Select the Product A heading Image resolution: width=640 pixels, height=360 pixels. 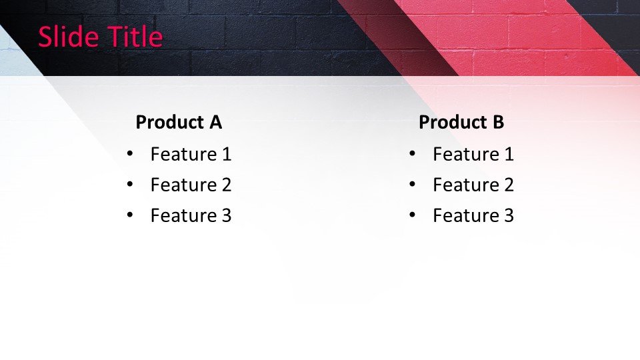pyautogui.click(x=179, y=122)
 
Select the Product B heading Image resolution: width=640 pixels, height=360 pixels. pyautogui.click(x=461, y=122)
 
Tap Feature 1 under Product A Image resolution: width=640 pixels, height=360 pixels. pyautogui.click(x=191, y=154)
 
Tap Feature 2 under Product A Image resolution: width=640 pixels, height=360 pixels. pyautogui.click(x=191, y=185)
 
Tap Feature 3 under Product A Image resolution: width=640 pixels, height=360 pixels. pyautogui.click(x=191, y=215)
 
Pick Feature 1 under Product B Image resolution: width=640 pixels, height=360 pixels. pyautogui.click(x=473, y=154)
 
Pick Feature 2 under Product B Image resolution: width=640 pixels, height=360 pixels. pyautogui.click(x=473, y=185)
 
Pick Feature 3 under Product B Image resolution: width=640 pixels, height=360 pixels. pyautogui.click(x=473, y=215)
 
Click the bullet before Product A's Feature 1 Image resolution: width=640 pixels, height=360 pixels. pyautogui.click(x=130, y=153)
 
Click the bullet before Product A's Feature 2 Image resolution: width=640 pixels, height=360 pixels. pyautogui.click(x=130, y=184)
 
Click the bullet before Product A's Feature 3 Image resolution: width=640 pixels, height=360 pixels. pyautogui.click(x=130, y=215)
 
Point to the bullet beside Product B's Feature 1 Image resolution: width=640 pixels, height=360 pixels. pyautogui.click(x=412, y=153)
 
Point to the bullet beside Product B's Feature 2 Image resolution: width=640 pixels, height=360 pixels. pyautogui.click(x=412, y=184)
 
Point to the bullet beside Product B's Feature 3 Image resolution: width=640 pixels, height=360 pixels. pyautogui.click(x=412, y=215)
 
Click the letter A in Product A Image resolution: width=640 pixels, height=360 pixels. pyautogui.click(x=215, y=122)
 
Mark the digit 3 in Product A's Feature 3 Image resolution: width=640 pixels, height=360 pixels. pyautogui.click(x=227, y=215)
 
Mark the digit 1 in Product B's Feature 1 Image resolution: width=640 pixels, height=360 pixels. pyautogui.click(x=509, y=154)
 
